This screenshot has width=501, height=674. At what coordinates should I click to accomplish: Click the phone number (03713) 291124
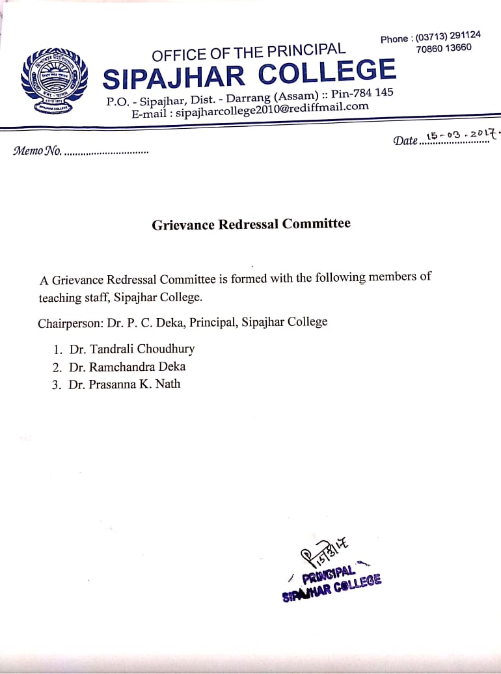(448, 36)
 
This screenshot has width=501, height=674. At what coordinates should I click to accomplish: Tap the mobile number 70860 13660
(444, 48)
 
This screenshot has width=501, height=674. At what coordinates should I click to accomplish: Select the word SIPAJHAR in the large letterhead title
(175, 77)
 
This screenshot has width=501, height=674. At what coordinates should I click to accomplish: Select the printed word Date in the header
(405, 141)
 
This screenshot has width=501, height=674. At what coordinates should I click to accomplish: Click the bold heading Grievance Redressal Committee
(251, 224)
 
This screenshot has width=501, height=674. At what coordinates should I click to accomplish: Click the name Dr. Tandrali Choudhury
(131, 349)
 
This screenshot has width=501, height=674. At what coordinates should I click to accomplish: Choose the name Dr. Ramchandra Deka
(127, 367)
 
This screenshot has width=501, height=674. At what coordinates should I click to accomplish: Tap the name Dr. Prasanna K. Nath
(124, 384)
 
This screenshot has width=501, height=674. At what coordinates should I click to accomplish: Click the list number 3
(56, 384)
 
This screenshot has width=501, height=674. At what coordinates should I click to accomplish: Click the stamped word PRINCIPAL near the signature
(329, 574)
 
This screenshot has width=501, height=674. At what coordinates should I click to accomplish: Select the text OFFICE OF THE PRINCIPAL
(249, 52)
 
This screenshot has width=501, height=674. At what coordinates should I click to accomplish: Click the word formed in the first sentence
(251, 279)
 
